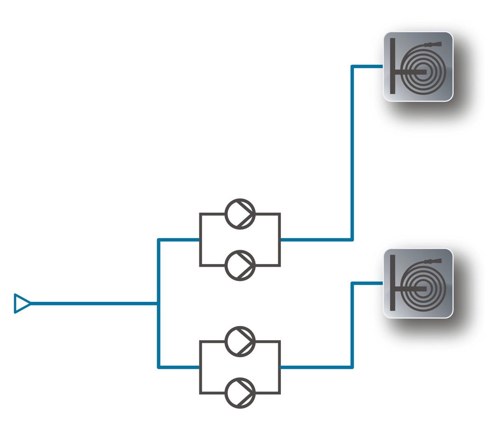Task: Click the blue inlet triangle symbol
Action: pyautogui.click(x=21, y=303)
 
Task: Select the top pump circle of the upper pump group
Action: pyautogui.click(x=240, y=213)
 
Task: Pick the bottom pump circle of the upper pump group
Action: pyautogui.click(x=240, y=265)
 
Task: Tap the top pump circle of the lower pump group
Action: pyautogui.click(x=240, y=341)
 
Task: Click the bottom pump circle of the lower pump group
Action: pyautogui.click(x=240, y=392)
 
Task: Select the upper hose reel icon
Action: pyautogui.click(x=418, y=67)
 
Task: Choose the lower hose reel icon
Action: pyautogui.click(x=418, y=283)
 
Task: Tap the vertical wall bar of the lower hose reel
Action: pyautogui.click(x=393, y=282)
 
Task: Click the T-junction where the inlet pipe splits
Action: pyautogui.click(x=158, y=303)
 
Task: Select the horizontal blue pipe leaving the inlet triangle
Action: pyautogui.click(x=95, y=303)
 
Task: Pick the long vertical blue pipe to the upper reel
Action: pyautogui.click(x=352, y=151)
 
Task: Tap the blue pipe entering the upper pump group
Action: pyautogui.click(x=179, y=240)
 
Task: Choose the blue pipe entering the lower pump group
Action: pyautogui.click(x=179, y=367)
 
